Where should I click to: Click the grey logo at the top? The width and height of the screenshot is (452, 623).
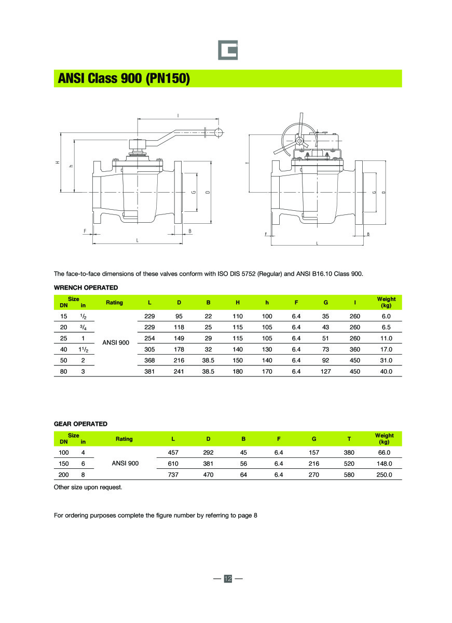pyautogui.click(x=227, y=50)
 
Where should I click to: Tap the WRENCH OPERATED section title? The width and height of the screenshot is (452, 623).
pyautogui.click(x=86, y=288)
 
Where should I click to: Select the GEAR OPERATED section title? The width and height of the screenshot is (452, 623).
pyautogui.click(x=80, y=424)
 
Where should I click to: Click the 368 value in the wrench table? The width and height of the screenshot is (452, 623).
pyautogui.click(x=149, y=360)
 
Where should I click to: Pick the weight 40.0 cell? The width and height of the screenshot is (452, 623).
pyautogui.click(x=386, y=371)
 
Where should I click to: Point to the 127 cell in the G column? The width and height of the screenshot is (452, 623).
pyautogui.click(x=326, y=371)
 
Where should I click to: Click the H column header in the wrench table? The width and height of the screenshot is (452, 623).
pyautogui.click(x=238, y=302)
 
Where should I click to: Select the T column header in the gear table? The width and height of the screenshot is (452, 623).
pyautogui.click(x=349, y=439)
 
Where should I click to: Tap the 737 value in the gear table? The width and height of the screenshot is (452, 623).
pyautogui.click(x=173, y=475)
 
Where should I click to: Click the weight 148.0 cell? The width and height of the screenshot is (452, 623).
pyautogui.click(x=384, y=464)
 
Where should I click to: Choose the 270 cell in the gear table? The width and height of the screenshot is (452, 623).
pyautogui.click(x=314, y=475)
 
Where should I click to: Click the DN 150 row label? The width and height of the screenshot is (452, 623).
pyautogui.click(x=64, y=464)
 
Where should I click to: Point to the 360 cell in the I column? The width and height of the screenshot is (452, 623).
pyautogui.click(x=355, y=349)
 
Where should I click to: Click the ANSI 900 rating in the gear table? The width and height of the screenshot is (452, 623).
pyautogui.click(x=125, y=464)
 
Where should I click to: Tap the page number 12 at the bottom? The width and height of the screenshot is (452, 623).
pyautogui.click(x=228, y=578)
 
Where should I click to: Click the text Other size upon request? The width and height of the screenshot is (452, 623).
pyautogui.click(x=88, y=487)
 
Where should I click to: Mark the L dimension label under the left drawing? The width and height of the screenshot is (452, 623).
pyautogui.click(x=137, y=240)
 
